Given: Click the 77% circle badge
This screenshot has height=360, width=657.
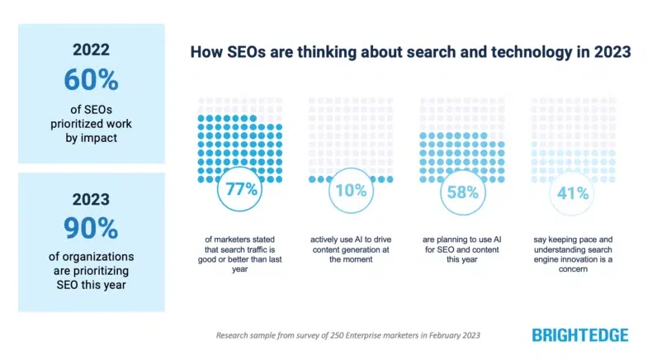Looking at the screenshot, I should [238, 189].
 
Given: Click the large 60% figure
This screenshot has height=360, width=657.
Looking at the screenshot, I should [91, 80].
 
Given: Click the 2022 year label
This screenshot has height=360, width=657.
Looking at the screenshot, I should [91, 49].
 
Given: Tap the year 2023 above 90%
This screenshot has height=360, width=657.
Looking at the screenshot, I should [91, 198].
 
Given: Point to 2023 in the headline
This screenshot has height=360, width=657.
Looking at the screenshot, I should [612, 52].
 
